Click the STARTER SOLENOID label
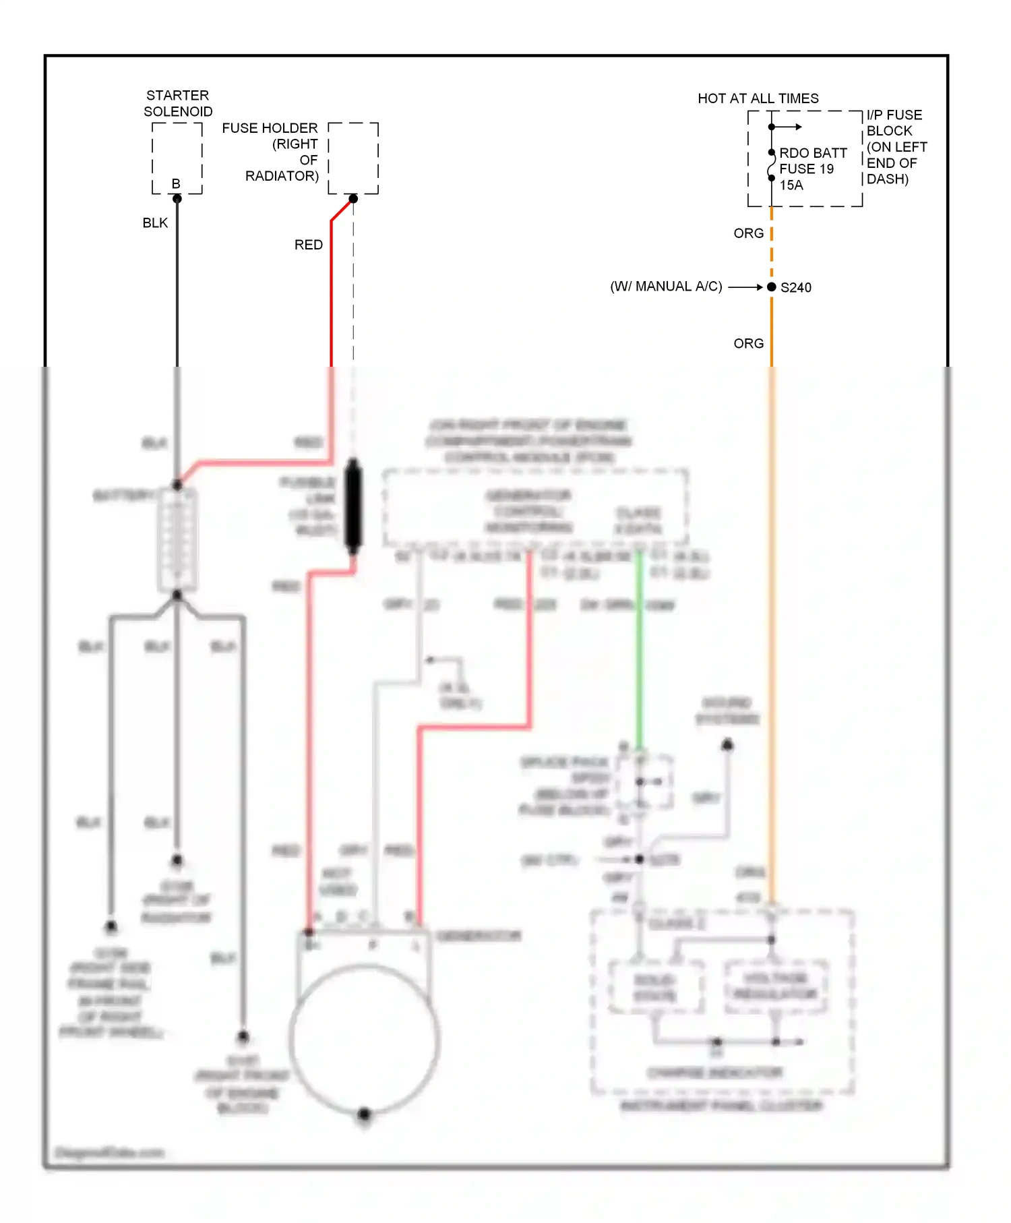pyautogui.click(x=177, y=103)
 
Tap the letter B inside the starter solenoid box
pyautogui.click(x=176, y=183)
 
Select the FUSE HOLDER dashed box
pyautogui.click(x=353, y=158)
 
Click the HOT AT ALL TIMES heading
pyautogui.click(x=758, y=98)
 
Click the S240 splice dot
pyautogui.click(x=772, y=287)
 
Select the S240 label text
pyautogui.click(x=796, y=288)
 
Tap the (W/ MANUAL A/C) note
pyautogui.click(x=666, y=287)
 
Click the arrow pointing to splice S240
pyautogui.click(x=745, y=287)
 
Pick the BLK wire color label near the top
pyautogui.click(x=155, y=223)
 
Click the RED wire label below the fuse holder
pyautogui.click(x=308, y=245)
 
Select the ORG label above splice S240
pyautogui.click(x=748, y=233)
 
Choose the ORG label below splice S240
pyautogui.click(x=748, y=344)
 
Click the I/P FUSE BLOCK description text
pyautogui.click(x=896, y=147)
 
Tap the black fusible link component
pyautogui.click(x=353, y=506)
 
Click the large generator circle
pyautogui.click(x=365, y=1040)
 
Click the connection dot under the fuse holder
pyautogui.click(x=353, y=199)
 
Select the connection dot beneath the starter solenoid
pyautogui.click(x=177, y=199)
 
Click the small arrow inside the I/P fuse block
pyautogui.click(x=789, y=127)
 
